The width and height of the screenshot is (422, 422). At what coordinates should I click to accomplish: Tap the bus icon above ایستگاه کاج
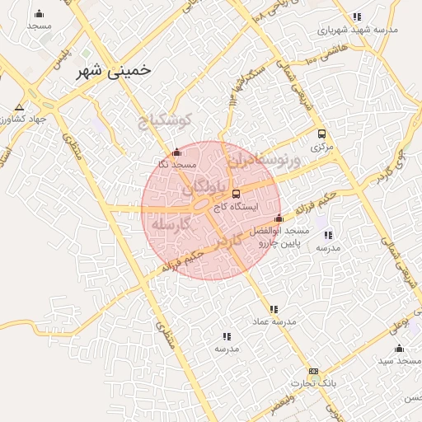(237, 195)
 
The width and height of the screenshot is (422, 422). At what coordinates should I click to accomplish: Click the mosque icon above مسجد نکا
(176, 152)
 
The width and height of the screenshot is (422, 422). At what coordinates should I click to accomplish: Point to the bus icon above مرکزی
(321, 134)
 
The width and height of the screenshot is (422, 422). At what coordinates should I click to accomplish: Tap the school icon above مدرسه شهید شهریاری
(356, 16)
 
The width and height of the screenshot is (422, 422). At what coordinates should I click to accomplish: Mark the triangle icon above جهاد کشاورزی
(19, 107)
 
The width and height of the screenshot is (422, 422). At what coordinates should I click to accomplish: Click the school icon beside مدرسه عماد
(261, 310)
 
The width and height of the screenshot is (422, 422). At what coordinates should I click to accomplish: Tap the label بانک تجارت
(314, 384)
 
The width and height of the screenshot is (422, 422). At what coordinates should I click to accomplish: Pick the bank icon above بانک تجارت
(312, 372)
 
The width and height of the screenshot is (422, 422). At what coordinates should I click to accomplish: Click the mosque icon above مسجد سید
(399, 348)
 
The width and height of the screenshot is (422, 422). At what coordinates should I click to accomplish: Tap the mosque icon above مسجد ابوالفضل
(279, 219)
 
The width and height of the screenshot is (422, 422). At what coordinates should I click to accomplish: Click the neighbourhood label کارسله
(170, 223)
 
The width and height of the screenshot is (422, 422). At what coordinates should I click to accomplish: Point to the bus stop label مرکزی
(321, 148)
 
